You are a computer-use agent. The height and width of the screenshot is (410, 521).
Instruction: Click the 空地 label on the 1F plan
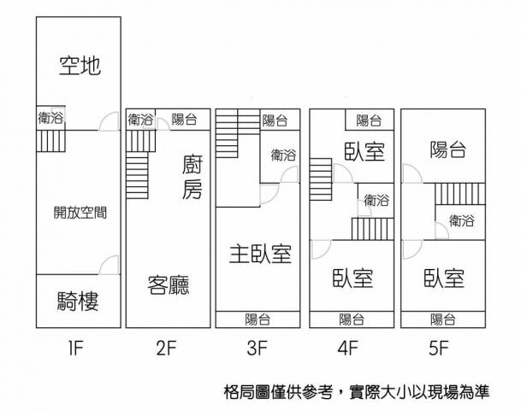click(x=80, y=65)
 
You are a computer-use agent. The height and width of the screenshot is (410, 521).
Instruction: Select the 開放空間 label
click(x=80, y=213)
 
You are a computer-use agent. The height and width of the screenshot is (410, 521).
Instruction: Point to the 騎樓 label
click(x=79, y=301)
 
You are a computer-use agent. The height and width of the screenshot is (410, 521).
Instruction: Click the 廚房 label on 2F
click(x=192, y=177)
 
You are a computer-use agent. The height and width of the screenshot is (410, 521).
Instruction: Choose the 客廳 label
click(x=168, y=284)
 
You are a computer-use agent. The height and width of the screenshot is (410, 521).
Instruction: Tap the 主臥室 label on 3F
click(x=260, y=254)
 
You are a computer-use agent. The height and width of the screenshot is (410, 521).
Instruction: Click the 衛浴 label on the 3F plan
click(x=283, y=155)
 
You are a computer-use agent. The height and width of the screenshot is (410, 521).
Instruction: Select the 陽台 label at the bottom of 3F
click(x=257, y=319)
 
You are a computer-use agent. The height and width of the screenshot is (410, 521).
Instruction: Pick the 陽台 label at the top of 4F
click(x=369, y=120)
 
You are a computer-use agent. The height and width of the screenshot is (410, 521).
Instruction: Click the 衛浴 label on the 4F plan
click(x=376, y=201)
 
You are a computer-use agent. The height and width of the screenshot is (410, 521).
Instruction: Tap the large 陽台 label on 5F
click(x=447, y=151)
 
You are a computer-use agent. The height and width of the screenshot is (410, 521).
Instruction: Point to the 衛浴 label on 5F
click(x=460, y=220)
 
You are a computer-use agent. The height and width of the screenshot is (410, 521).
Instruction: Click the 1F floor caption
click(x=78, y=348)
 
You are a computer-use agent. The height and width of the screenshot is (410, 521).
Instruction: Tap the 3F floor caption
click(x=257, y=348)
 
